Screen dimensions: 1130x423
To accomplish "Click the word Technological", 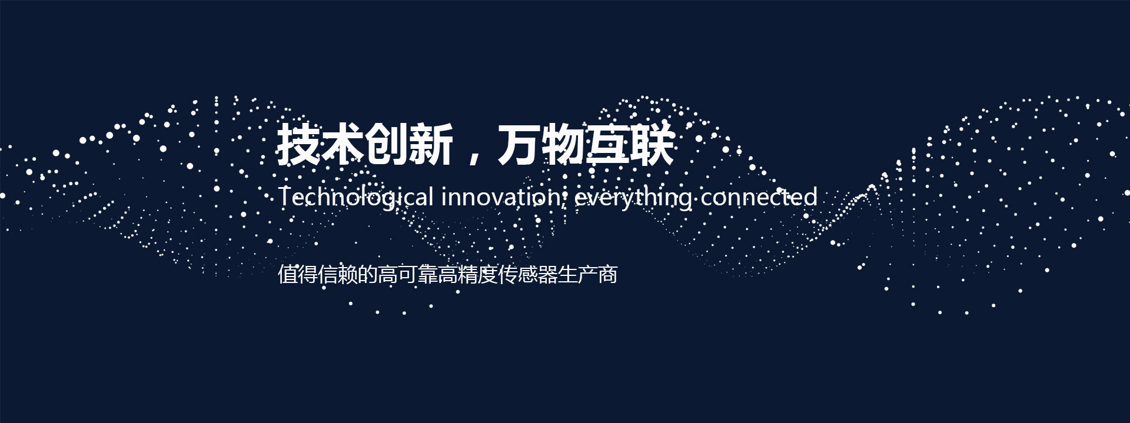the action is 355,197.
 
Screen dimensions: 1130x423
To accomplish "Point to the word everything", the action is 633,198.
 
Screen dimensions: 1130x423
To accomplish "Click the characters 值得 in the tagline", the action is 298,275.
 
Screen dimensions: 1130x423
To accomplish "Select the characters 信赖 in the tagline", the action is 338,275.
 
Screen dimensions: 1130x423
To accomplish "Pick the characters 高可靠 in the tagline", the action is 408,275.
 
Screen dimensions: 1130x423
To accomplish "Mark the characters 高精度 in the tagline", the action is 468,275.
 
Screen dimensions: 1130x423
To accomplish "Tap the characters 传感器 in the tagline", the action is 528,275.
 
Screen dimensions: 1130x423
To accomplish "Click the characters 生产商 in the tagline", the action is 588,275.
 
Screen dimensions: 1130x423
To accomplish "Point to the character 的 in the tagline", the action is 368,275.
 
